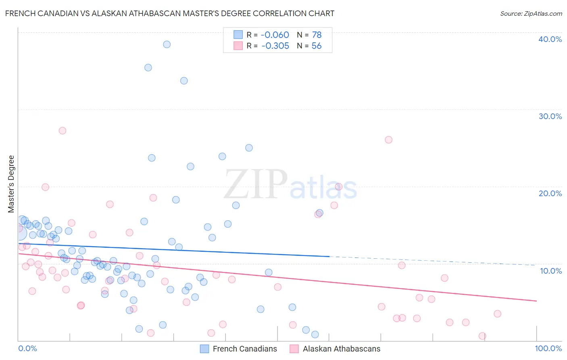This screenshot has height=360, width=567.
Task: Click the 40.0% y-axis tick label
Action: pyautogui.click(x=550, y=39)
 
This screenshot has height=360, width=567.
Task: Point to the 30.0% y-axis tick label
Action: pyautogui.click(x=550, y=116)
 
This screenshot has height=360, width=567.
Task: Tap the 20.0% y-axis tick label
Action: pyautogui.click(x=550, y=193)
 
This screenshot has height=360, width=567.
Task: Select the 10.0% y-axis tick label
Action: pyautogui.click(x=550, y=271)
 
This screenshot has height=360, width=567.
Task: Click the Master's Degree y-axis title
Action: pyautogui.click(x=11, y=184)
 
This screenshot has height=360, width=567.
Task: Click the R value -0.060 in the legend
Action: pyautogui.click(x=275, y=35)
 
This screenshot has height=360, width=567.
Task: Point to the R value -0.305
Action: pyautogui.click(x=275, y=46)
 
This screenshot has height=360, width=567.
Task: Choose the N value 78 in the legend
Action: pyautogui.click(x=317, y=35)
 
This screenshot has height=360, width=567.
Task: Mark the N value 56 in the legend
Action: pyautogui.click(x=317, y=46)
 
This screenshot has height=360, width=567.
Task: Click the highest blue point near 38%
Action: pyautogui.click(x=167, y=44)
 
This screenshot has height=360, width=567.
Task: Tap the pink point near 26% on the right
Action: pyautogui.click(x=388, y=140)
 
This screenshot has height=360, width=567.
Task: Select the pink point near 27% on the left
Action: pyautogui.click(x=62, y=130)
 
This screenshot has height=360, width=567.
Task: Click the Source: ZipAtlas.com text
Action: pyautogui.click(x=531, y=14)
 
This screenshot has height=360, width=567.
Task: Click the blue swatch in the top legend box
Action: pyautogui.click(x=238, y=35)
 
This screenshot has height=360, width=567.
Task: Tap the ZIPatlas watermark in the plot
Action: pyautogui.click(x=290, y=185)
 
